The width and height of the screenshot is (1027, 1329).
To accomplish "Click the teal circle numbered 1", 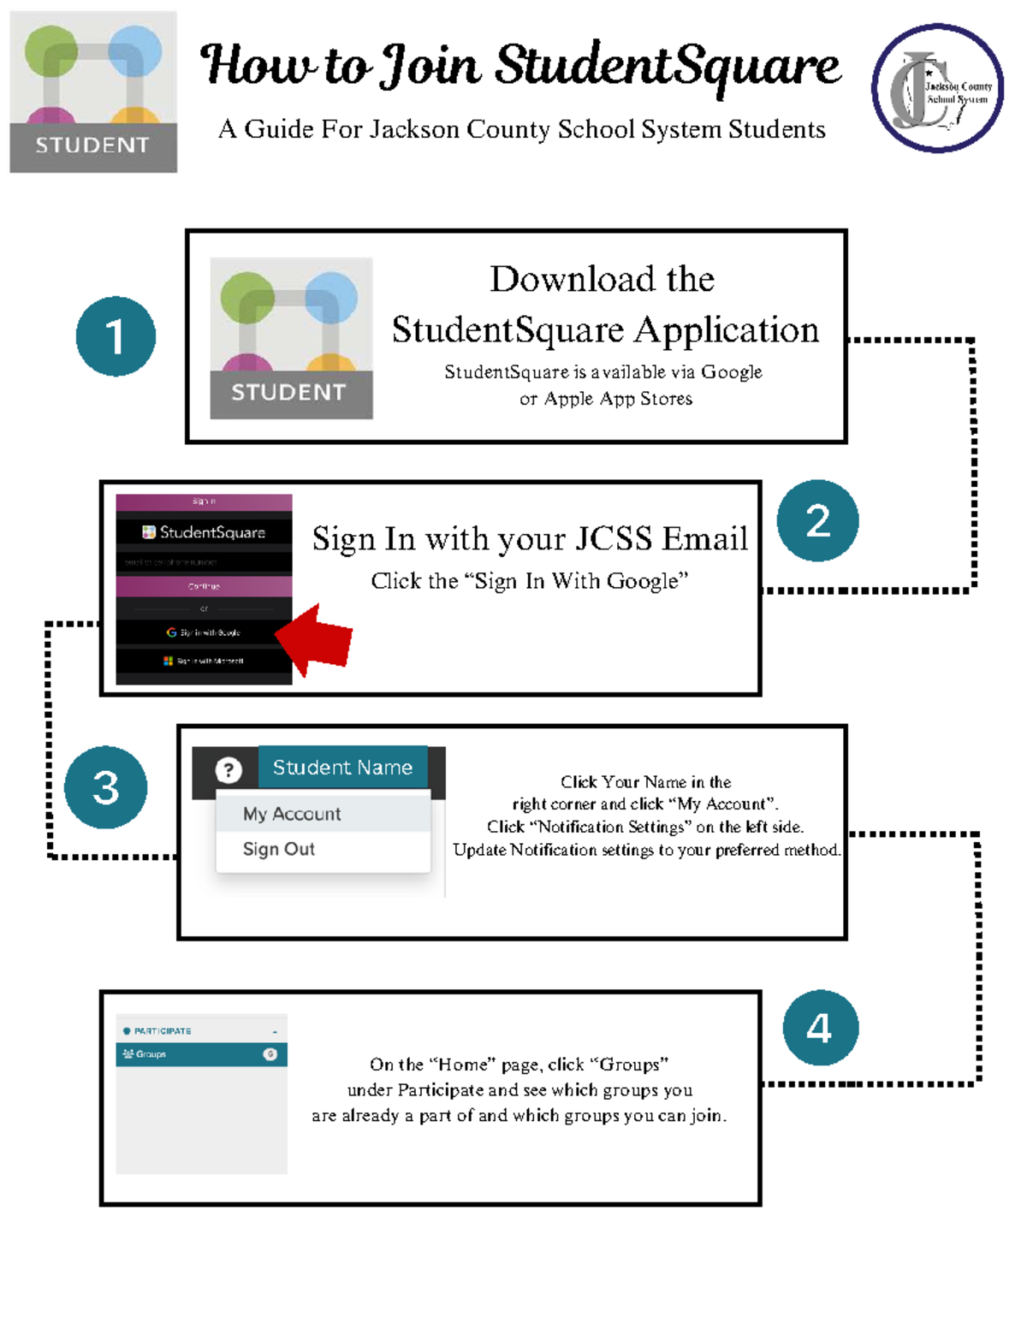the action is [x=116, y=336].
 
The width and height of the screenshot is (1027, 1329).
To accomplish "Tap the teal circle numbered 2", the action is [x=817, y=520].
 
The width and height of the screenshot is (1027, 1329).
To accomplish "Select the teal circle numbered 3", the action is [x=105, y=787].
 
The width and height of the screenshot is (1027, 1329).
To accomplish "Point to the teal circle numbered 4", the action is [x=820, y=1028].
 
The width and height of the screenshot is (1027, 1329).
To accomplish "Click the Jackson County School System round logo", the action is [x=937, y=88].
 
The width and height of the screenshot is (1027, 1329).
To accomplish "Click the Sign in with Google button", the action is [x=204, y=632].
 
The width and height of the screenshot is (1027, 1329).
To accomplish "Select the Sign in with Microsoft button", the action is [x=204, y=661].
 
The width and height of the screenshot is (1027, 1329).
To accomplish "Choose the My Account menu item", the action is [x=292, y=814].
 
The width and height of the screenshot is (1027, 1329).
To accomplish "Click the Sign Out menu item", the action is [x=279, y=849].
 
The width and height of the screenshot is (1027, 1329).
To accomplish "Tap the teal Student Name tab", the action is [x=342, y=768].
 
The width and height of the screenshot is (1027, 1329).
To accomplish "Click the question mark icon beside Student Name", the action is [x=229, y=770].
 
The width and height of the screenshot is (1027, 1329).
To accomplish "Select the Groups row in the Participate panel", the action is [x=201, y=1054].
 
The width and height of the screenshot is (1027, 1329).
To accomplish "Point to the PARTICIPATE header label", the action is [x=163, y=1031].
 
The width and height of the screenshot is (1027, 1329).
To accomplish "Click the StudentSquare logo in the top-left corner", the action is [x=93, y=92].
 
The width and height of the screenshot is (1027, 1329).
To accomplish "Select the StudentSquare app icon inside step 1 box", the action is [x=291, y=338].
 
